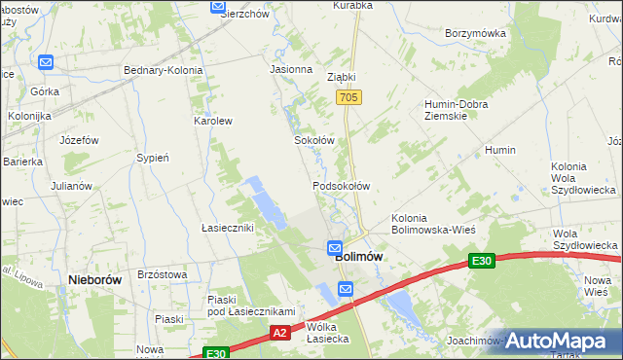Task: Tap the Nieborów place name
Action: click(x=95, y=279)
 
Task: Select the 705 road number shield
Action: click(x=349, y=98)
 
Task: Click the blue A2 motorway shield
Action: click(x=279, y=333)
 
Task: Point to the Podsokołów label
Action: click(x=341, y=185)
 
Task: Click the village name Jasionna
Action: click(x=291, y=70)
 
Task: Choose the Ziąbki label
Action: click(x=342, y=77)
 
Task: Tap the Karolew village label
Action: click(x=213, y=122)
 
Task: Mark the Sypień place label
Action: click(x=154, y=157)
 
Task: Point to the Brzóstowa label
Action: click(x=163, y=275)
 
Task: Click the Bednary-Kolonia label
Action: click(x=163, y=70)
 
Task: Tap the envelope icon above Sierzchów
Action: click(x=218, y=6)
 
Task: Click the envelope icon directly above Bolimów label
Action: click(x=335, y=247)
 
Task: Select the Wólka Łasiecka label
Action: click(x=327, y=333)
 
